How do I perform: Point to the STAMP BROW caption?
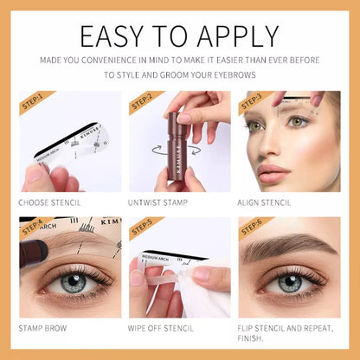click(x=42, y=328)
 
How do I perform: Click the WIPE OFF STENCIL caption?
click(x=164, y=328)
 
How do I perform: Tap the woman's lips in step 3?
click(x=273, y=170)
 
